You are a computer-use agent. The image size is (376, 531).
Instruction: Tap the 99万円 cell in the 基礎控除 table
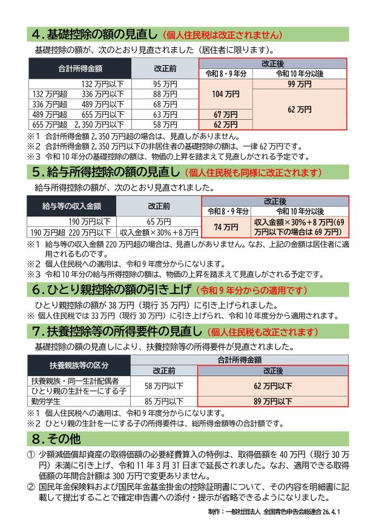coord(300,84)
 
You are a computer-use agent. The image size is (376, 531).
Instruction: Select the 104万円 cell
coord(226,94)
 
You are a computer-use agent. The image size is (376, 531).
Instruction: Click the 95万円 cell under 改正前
coord(165,83)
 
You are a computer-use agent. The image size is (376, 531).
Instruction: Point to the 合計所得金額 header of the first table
coord(80,68)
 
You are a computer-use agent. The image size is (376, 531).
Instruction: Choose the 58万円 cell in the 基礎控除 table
coord(165,124)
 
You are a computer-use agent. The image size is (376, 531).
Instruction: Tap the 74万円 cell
coord(226,227)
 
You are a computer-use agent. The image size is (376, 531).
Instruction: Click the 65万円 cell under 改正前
coord(159,222)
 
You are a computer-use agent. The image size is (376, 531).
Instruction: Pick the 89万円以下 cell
coord(272,400)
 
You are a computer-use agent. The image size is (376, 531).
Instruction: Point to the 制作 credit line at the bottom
coord(272,511)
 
